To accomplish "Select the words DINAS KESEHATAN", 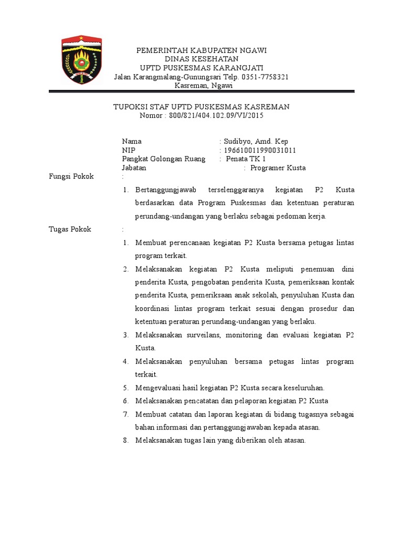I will click(201, 59).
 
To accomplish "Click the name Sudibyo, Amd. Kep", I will click(256, 141).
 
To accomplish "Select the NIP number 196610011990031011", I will click(260, 150).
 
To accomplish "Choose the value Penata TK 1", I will click(246, 159).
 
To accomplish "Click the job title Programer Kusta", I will click(278, 168).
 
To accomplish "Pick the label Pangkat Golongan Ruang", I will click(164, 159).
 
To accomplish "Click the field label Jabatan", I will click(134, 168).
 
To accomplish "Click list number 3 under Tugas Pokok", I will click(126, 335).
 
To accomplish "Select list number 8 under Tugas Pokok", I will click(126, 441).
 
